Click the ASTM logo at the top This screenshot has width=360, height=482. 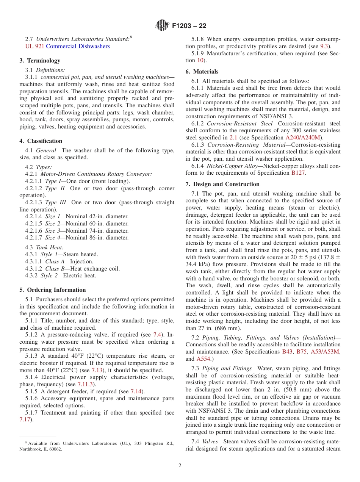pos(163,26)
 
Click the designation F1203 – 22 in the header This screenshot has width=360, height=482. pos(189,27)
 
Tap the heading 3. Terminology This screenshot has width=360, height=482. pos(40,61)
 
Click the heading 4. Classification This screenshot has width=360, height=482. pos(41,141)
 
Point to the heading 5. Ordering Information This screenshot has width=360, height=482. pos(53,290)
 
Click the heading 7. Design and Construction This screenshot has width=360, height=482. pos(222,184)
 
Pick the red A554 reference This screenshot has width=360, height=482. pos(203,358)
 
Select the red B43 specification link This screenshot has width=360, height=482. pos(287,352)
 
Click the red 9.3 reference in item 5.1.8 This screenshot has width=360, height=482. pos(324,46)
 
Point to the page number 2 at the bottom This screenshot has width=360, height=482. pos(180,466)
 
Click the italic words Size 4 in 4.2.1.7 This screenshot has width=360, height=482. pos(53,238)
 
